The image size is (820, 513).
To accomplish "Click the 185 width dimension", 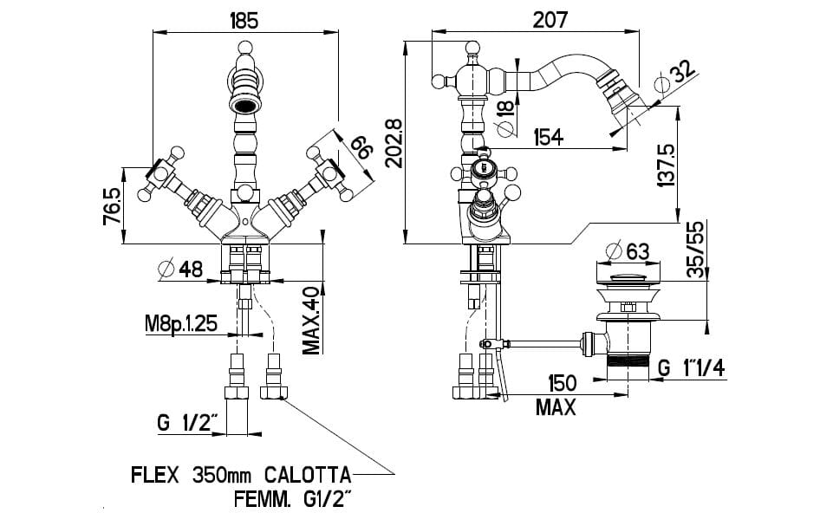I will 244,18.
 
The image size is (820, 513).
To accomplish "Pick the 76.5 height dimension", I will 112,204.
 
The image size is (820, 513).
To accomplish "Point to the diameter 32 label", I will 675,77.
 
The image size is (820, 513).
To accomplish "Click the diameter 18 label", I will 504,107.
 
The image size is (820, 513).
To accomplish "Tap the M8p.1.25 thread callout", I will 180,325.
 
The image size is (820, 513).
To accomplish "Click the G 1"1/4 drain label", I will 692,367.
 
